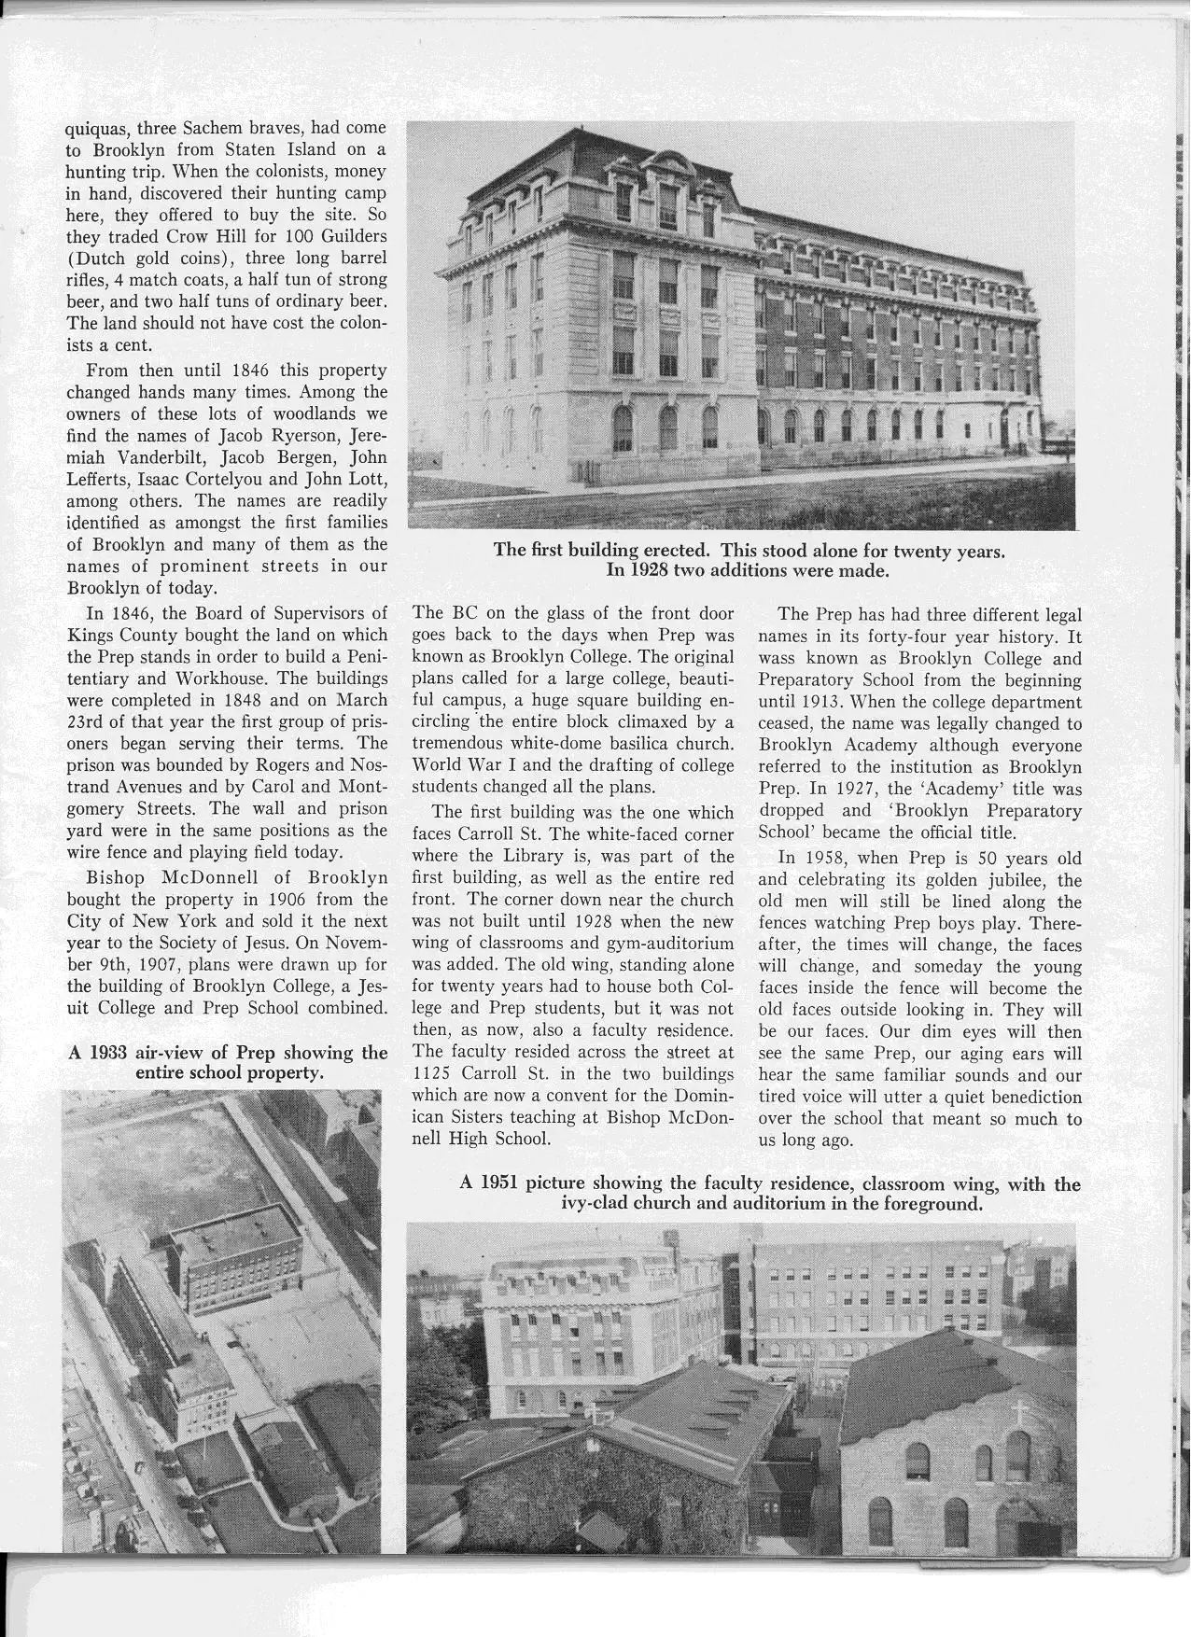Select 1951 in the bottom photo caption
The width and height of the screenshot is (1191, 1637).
(501, 1184)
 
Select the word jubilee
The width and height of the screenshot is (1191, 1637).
(983, 880)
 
